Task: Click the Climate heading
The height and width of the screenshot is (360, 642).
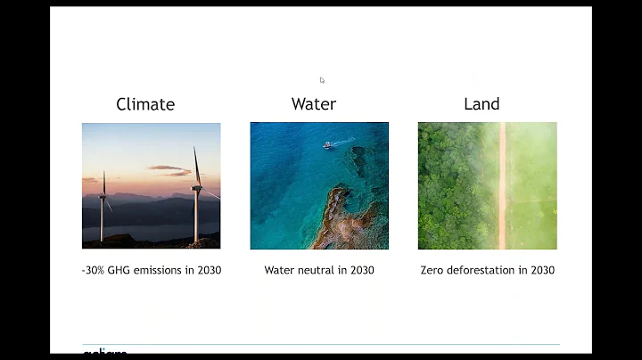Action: coord(145,104)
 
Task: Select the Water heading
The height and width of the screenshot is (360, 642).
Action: coord(314,104)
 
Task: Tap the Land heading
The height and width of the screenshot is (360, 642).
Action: coord(481,104)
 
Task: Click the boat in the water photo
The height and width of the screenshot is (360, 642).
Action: coord(329,144)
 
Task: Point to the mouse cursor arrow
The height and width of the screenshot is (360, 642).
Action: coord(322,80)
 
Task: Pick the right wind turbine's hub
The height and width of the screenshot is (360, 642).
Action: coord(197,186)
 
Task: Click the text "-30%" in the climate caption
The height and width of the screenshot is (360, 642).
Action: coord(93,270)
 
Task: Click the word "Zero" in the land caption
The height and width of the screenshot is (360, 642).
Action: coord(432,270)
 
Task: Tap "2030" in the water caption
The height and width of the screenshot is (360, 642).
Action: coord(361,270)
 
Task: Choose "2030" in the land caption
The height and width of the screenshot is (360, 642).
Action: coord(541,270)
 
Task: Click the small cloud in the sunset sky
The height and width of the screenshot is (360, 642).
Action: coord(166,168)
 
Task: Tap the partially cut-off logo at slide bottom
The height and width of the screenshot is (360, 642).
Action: coord(104,353)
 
